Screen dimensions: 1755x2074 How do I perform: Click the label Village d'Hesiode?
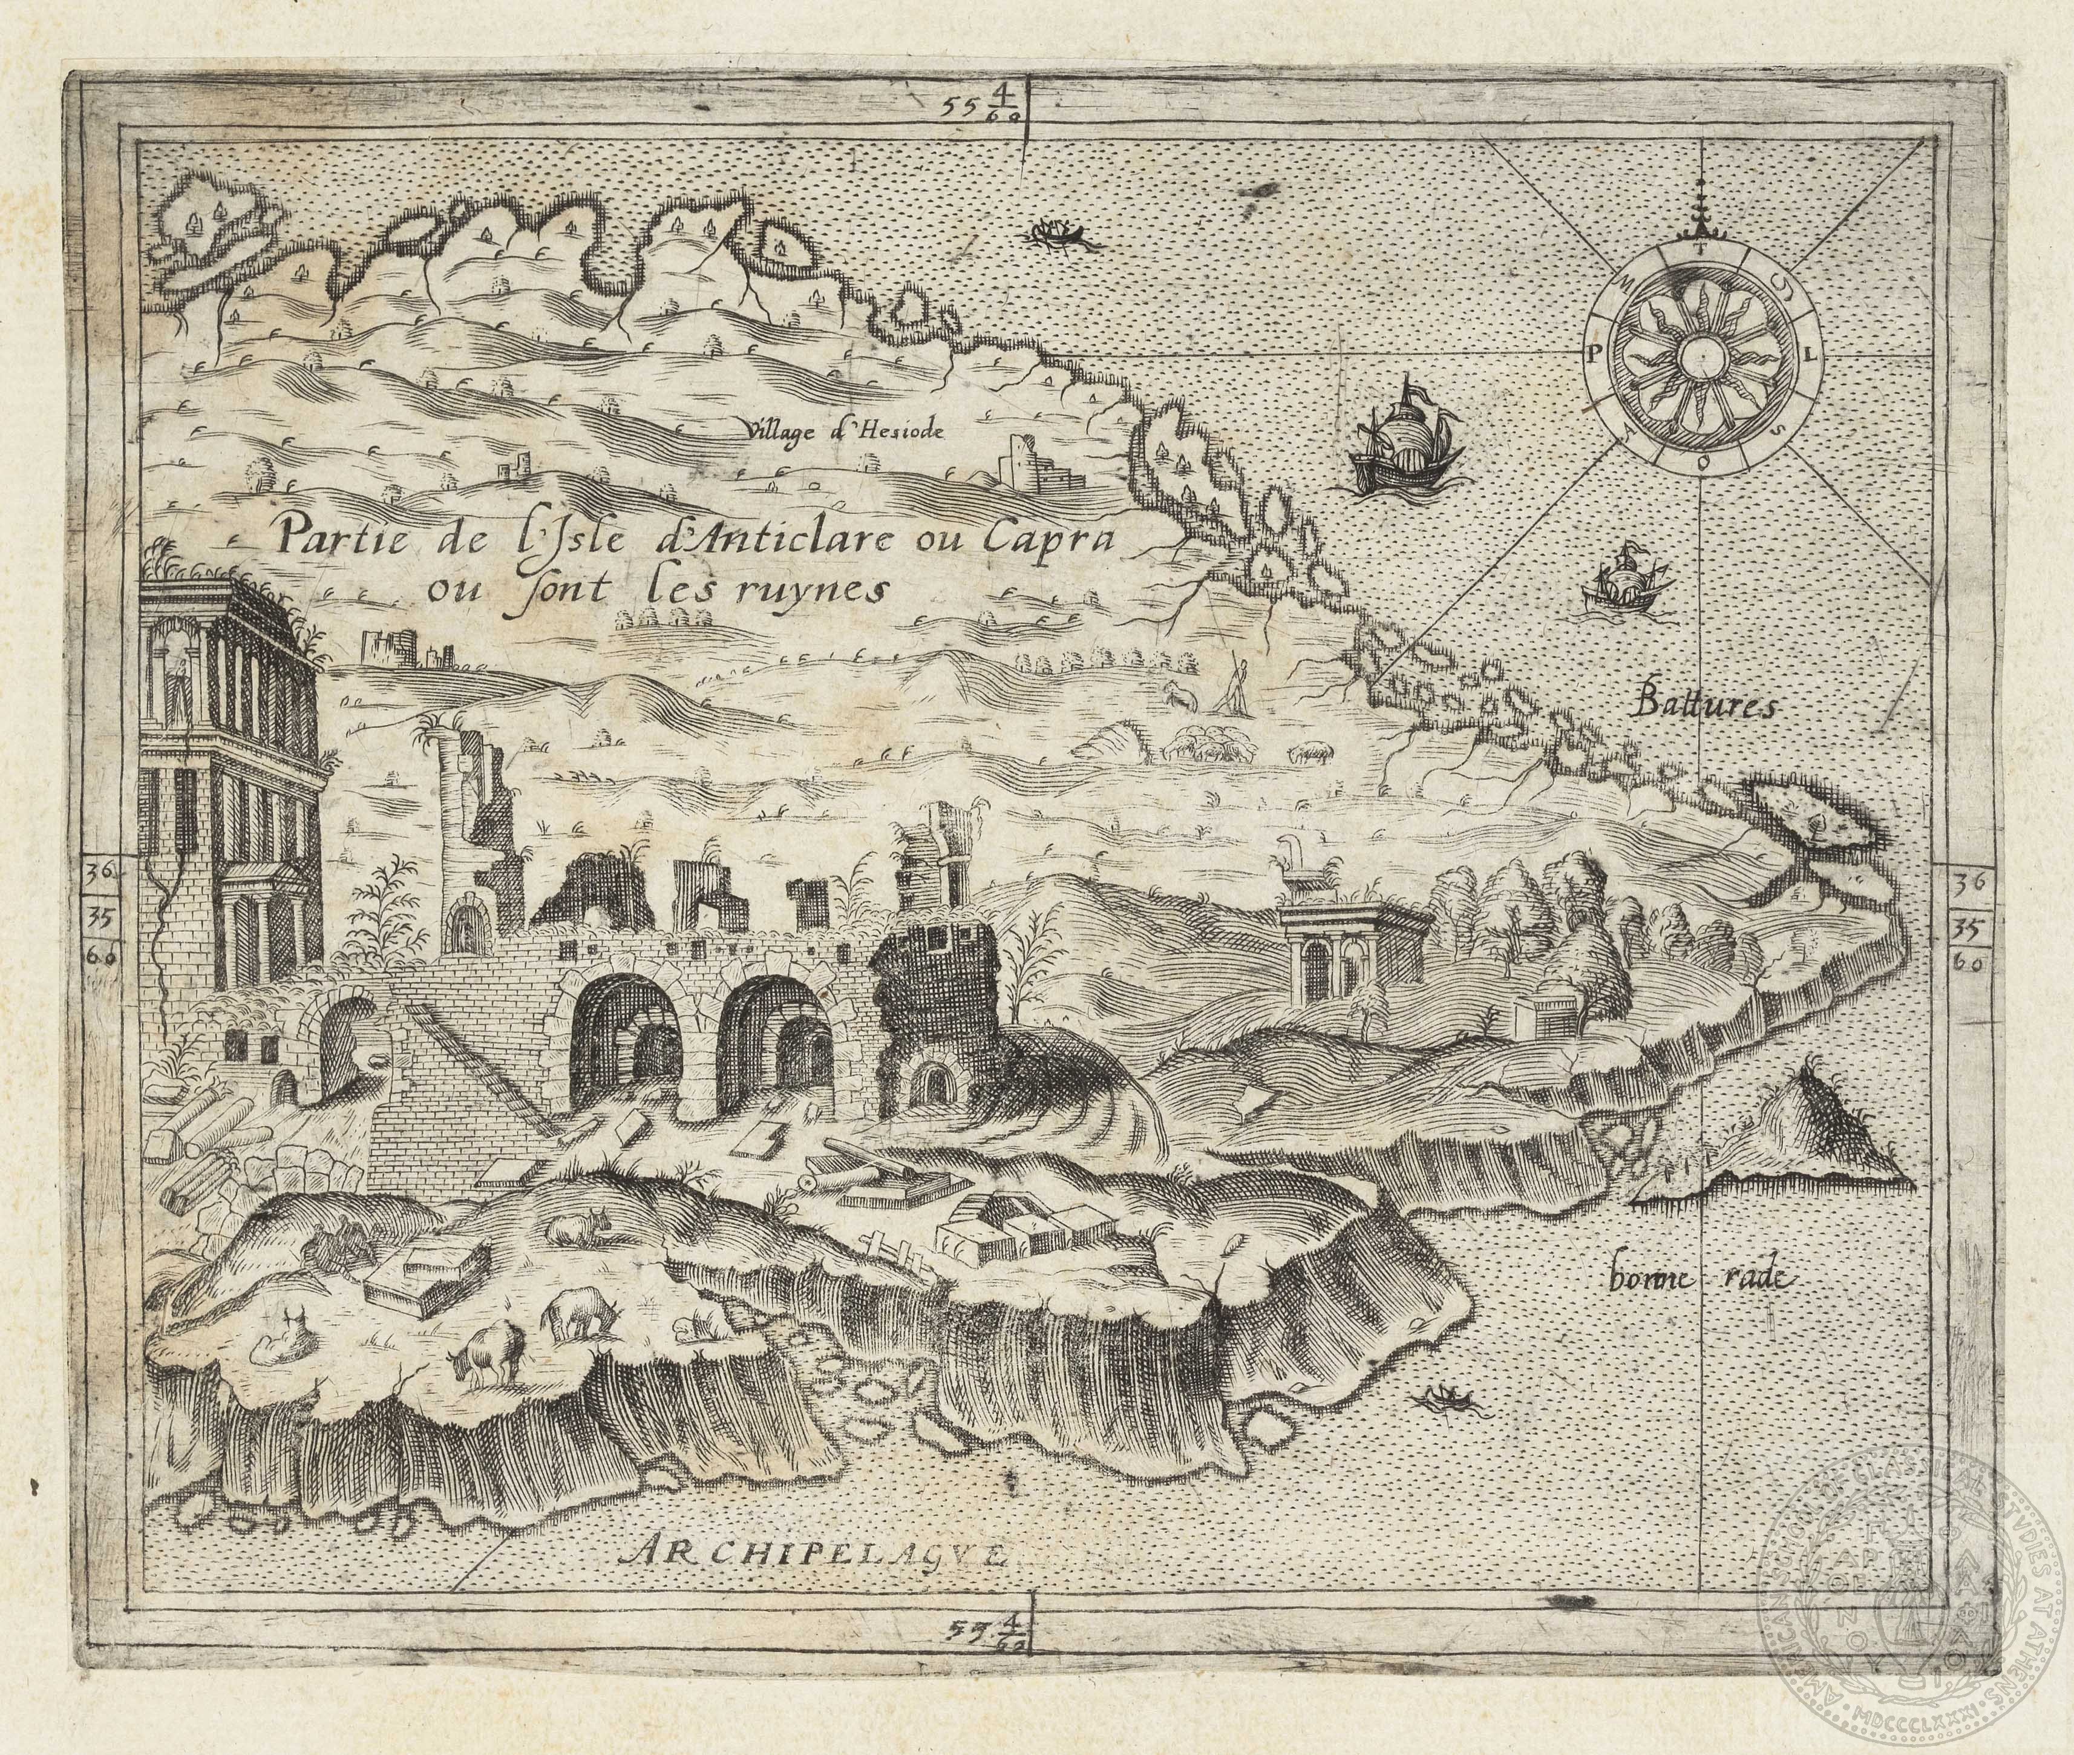tap(843, 430)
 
